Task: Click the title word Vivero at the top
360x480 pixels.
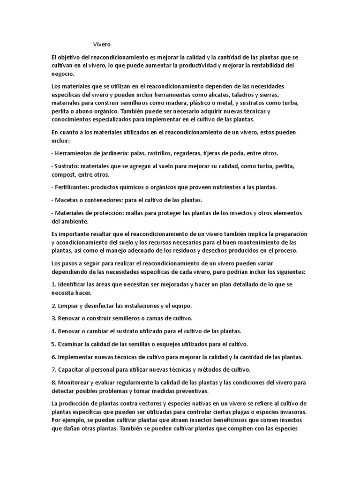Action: click(102, 45)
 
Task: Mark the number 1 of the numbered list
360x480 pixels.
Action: click(52, 285)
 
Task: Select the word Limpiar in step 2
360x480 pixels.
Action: click(69, 306)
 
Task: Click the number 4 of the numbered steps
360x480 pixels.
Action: click(53, 331)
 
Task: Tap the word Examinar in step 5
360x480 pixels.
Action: click(71, 344)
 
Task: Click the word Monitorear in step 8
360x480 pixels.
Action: click(75, 382)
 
